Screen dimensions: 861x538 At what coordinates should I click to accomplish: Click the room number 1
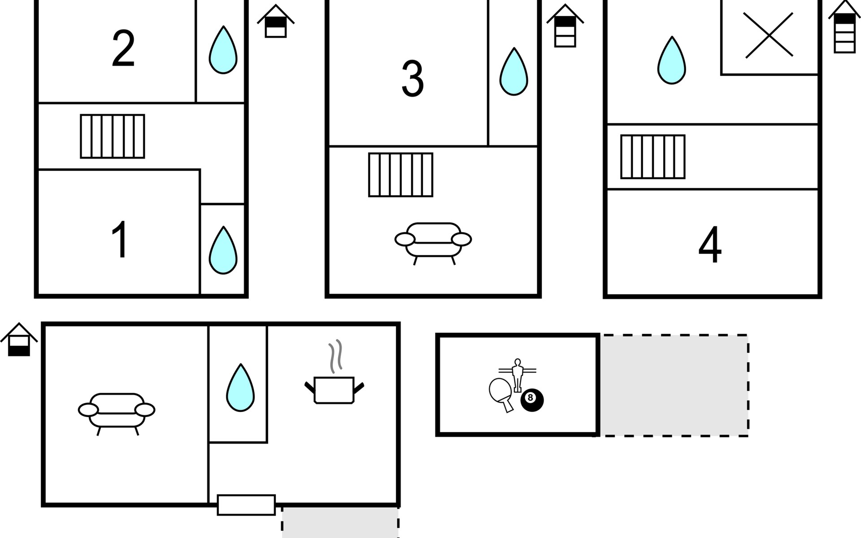point(120,239)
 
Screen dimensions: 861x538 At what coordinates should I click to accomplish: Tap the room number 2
point(123,49)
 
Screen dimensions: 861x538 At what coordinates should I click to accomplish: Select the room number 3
point(413,79)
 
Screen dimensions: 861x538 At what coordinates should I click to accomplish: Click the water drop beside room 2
point(223,50)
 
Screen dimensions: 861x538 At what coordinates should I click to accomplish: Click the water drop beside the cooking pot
point(240,388)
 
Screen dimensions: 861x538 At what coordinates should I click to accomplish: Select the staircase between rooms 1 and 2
point(113,136)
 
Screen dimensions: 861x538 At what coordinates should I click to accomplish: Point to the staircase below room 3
point(401,175)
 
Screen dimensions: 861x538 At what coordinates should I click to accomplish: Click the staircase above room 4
point(653,157)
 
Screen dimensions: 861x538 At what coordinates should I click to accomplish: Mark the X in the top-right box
point(769,35)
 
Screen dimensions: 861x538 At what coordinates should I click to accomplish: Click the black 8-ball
point(532,400)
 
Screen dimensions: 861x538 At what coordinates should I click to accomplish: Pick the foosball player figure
point(517,375)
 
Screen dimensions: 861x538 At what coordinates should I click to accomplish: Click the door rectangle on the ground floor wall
point(246,505)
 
